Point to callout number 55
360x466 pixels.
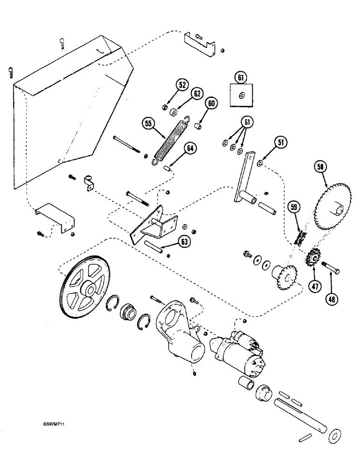click(149, 123)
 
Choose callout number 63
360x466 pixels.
click(185, 241)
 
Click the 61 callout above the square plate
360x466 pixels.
click(241, 77)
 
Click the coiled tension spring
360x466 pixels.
click(171, 139)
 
